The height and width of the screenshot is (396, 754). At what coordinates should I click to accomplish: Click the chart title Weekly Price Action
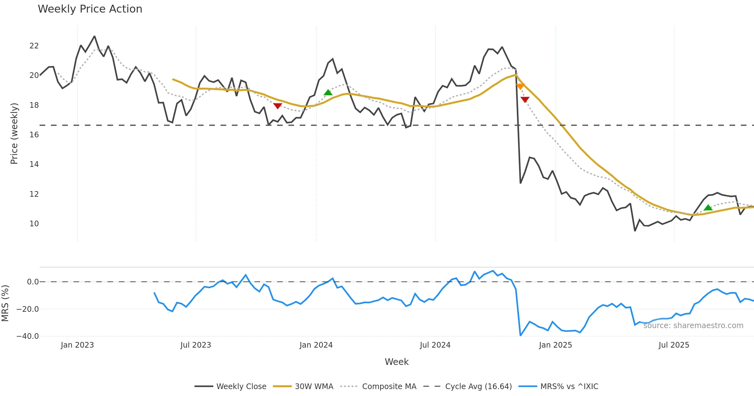90,9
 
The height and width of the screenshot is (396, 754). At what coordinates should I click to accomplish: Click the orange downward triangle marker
520,86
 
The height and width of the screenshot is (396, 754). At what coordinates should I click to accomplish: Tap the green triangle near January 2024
328,92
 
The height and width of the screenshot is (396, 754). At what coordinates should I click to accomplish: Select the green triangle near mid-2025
708,207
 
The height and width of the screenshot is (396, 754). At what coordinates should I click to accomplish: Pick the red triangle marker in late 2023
277,106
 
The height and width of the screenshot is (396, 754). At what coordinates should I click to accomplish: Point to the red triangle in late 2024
525,99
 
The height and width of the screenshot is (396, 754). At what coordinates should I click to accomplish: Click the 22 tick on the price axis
34,46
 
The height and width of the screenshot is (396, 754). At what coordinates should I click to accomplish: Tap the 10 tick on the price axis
34,224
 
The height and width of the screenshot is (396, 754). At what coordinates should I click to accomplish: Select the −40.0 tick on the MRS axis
28,336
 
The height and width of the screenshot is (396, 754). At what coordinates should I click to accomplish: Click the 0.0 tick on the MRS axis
33,282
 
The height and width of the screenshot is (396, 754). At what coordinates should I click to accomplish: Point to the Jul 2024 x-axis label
435,345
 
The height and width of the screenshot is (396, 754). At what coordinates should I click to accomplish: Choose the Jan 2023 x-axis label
77,345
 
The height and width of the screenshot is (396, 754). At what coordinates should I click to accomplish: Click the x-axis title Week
396,362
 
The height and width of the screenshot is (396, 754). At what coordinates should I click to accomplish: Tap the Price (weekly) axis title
14,134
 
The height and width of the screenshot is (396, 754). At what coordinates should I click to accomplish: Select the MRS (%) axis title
5,303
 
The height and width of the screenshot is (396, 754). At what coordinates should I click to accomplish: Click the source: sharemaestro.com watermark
693,326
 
